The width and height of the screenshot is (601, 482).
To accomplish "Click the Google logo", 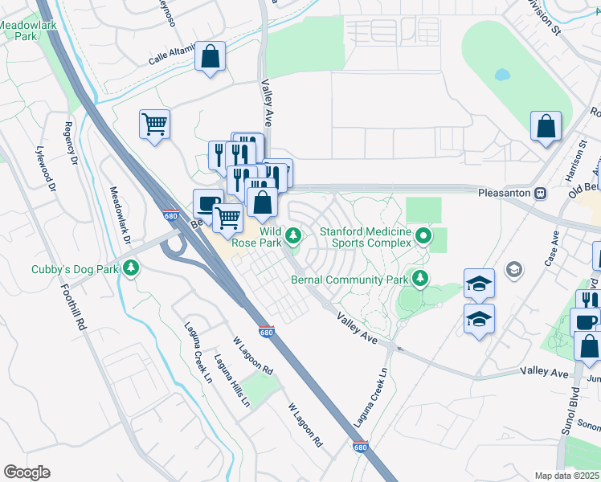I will click(27, 472).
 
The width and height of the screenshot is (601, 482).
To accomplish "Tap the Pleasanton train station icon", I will click(542, 194).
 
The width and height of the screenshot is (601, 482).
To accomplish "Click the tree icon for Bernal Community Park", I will click(419, 279).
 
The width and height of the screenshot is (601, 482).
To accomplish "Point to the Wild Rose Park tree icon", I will click(294, 235).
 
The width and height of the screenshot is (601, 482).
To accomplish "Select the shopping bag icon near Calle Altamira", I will click(210, 57).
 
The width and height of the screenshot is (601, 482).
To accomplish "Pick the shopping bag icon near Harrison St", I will click(546, 127).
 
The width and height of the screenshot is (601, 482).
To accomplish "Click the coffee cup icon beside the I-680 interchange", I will click(208, 204).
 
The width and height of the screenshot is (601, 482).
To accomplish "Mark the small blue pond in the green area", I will click(502, 75).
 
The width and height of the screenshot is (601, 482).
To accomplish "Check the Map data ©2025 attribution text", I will click(566, 476).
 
